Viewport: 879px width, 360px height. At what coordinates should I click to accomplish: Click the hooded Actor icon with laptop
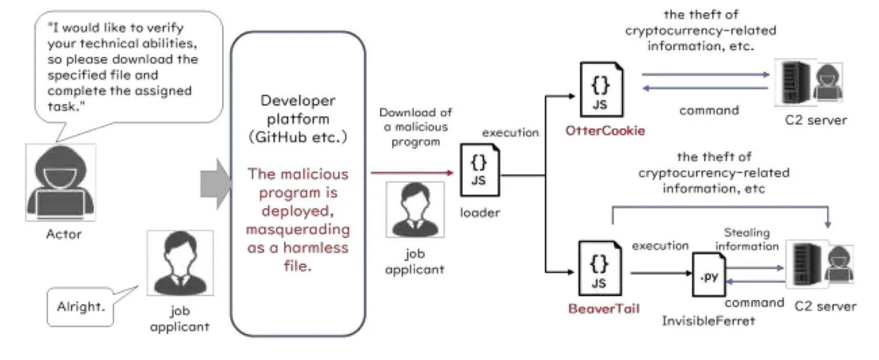point(61,182)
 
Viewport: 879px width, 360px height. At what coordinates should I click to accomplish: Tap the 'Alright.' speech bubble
point(81,307)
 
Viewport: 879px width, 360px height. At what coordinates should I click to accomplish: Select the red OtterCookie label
point(605,131)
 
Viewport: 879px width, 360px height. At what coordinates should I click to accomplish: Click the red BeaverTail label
point(604,309)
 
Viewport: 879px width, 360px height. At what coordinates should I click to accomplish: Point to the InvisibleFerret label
point(708,321)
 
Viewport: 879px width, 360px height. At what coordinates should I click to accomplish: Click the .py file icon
point(709,275)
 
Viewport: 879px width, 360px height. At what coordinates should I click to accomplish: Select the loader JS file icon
point(480,170)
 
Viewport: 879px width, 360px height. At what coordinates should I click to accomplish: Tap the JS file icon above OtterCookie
point(601,90)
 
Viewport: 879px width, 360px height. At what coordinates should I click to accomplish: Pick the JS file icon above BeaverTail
point(600,268)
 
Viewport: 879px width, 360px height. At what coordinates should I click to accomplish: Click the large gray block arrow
point(216,184)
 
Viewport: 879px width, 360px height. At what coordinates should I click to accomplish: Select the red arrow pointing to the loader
point(412,173)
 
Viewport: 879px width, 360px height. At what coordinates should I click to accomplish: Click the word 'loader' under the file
point(480,213)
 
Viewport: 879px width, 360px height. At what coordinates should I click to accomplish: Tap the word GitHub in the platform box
point(281,137)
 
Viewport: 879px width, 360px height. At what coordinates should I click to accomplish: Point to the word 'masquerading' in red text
point(298,230)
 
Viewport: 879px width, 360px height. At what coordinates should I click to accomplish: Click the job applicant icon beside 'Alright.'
point(180,263)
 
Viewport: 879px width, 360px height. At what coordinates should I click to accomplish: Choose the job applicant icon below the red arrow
point(415,210)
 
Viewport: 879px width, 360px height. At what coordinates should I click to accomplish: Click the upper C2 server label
point(816,120)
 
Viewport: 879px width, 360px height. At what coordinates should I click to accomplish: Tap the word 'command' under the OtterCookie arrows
point(709,110)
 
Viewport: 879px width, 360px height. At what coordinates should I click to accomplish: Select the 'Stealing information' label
point(747,239)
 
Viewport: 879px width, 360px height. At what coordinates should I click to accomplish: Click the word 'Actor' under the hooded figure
point(64,234)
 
